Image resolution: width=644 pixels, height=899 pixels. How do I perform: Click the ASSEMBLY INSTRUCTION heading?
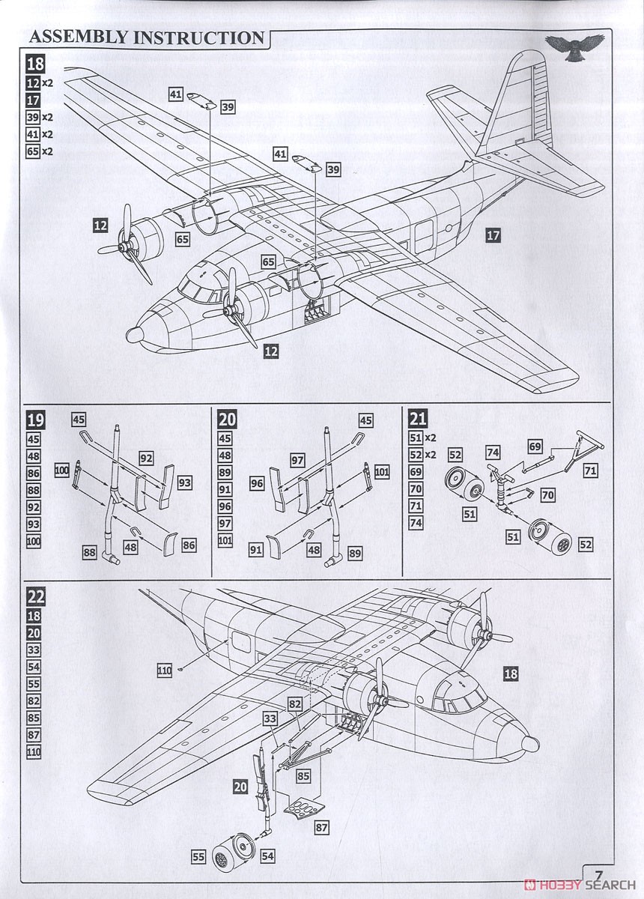tap(147, 37)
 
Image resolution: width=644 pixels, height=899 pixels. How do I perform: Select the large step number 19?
tap(35, 420)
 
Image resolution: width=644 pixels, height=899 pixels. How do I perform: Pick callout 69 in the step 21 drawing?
tap(534, 446)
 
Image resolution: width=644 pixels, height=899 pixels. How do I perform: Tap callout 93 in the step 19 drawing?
tap(184, 483)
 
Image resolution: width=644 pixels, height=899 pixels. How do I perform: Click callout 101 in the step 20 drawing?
tap(381, 472)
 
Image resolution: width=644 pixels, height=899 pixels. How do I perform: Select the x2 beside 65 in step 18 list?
tap(48, 151)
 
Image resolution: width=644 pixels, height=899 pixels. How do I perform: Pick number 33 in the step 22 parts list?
tap(34, 650)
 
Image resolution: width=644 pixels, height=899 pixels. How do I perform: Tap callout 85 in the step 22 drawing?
tap(303, 776)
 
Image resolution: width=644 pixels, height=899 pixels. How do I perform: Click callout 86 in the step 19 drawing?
tap(189, 545)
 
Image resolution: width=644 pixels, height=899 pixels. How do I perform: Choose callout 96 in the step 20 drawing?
tap(257, 484)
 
